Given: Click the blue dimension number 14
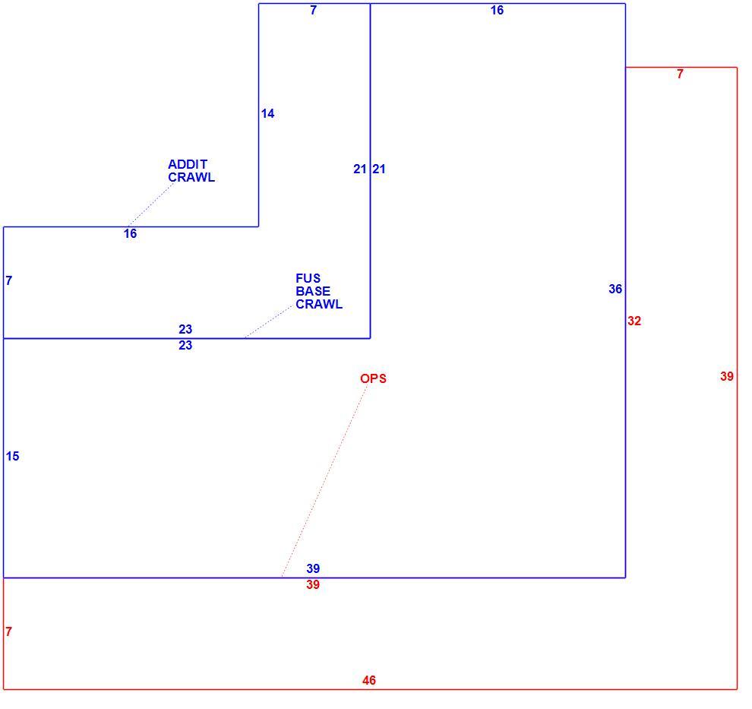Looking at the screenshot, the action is coord(267,114).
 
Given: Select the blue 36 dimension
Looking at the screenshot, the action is coord(615,289).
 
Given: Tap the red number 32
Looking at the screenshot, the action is coord(634,321).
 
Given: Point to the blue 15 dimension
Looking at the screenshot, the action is coord(12,456).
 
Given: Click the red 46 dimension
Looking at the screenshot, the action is coord(369,680).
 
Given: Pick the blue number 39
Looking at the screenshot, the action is coord(313,568).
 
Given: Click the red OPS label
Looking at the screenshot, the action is coord(373,378).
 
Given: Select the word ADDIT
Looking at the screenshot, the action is coord(188,164).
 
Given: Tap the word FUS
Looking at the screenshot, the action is coord(308,278).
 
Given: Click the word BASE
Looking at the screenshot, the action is coord(313,291).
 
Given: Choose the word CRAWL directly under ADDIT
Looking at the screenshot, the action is coord(191,177).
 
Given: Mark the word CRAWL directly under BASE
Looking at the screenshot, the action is coord(319,304).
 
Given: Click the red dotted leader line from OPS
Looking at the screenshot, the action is coord(324,480).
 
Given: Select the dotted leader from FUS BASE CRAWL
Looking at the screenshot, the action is coord(267,322).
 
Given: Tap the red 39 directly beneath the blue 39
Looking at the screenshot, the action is coord(313,584).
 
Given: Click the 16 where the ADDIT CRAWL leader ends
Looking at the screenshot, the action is coord(130,233).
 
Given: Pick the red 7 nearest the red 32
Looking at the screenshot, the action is coord(680,74).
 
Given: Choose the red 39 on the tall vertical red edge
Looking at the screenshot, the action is coord(727,377).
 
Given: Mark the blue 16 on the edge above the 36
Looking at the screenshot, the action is coord(497,10).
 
